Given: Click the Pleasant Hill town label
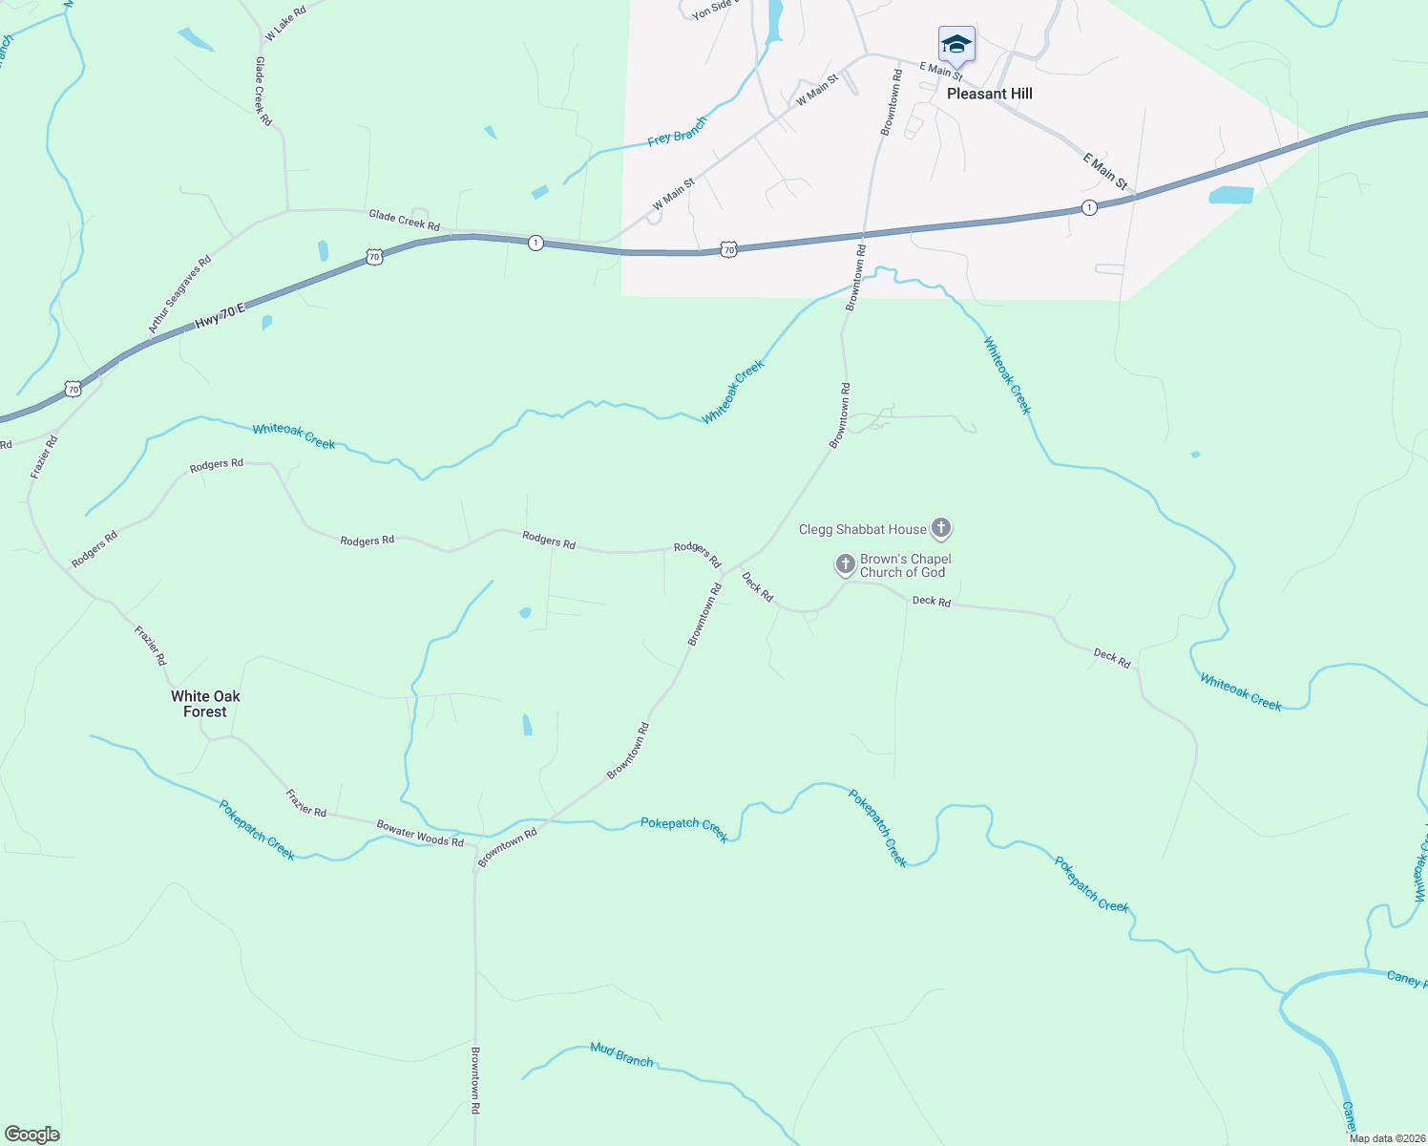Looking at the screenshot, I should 989,94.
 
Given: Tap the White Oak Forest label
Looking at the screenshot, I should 205,704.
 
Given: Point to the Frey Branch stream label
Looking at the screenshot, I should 677,132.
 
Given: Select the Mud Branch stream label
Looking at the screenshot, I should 621,1053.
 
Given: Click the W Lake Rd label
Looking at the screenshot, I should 284,23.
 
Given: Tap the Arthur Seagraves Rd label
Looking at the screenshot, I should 179,294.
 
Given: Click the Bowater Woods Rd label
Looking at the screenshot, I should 420,834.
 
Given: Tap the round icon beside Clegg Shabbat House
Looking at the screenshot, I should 941,528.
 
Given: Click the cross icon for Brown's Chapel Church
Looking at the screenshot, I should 845,565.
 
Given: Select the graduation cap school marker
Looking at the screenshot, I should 956,44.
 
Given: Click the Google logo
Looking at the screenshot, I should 31,1135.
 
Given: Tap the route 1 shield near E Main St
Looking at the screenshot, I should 1089,207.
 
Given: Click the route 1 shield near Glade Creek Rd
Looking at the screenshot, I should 535,243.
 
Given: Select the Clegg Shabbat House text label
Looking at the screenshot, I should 862,529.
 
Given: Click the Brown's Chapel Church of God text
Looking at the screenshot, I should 905,565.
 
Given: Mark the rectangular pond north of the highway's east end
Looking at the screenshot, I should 1230,195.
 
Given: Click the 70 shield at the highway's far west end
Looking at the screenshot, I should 73,389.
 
